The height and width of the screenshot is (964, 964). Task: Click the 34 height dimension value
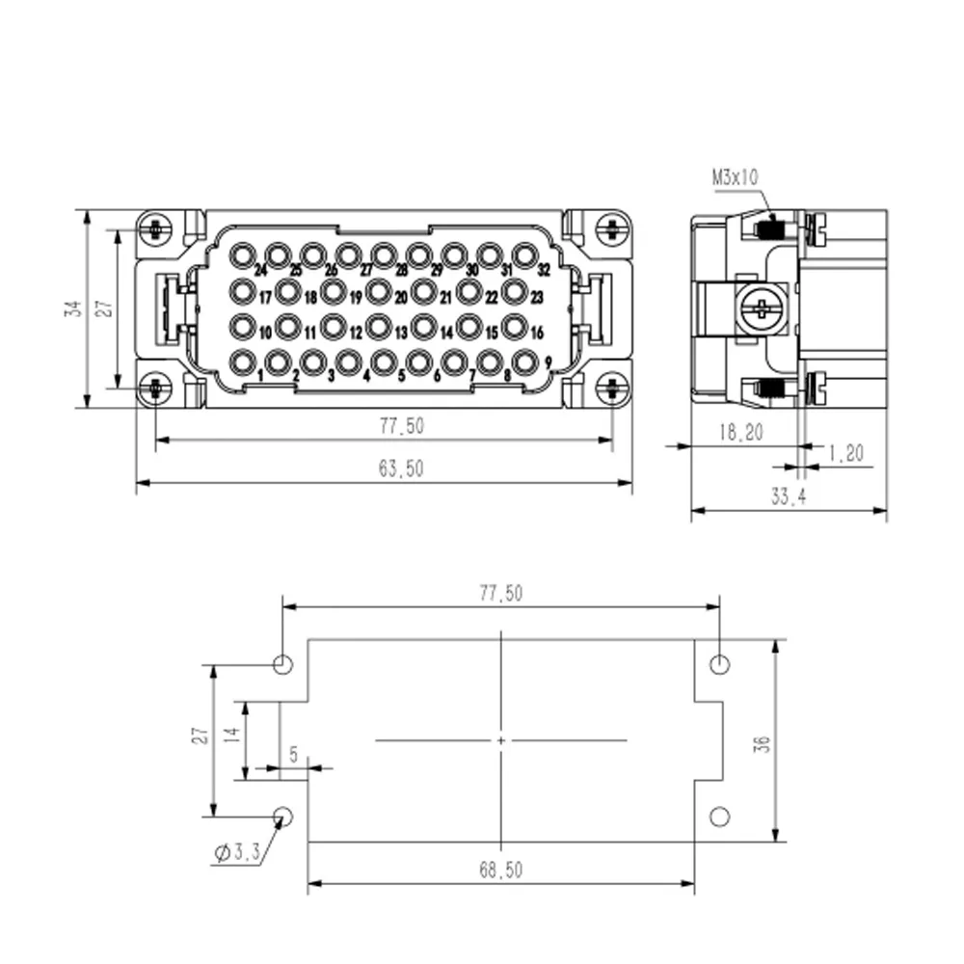coord(73,308)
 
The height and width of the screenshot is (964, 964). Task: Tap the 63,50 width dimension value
coord(401,469)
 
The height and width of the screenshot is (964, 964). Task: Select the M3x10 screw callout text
coord(736,177)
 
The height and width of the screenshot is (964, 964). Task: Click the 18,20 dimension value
coord(740,432)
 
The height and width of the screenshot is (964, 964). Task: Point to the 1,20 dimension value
coord(846,453)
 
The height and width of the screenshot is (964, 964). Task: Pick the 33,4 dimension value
coord(789,495)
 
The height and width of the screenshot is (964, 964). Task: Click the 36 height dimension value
coord(763,743)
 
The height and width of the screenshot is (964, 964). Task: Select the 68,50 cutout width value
coord(501,870)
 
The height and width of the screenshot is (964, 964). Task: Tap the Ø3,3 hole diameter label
coord(237,852)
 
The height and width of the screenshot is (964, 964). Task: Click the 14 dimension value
coord(230,735)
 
